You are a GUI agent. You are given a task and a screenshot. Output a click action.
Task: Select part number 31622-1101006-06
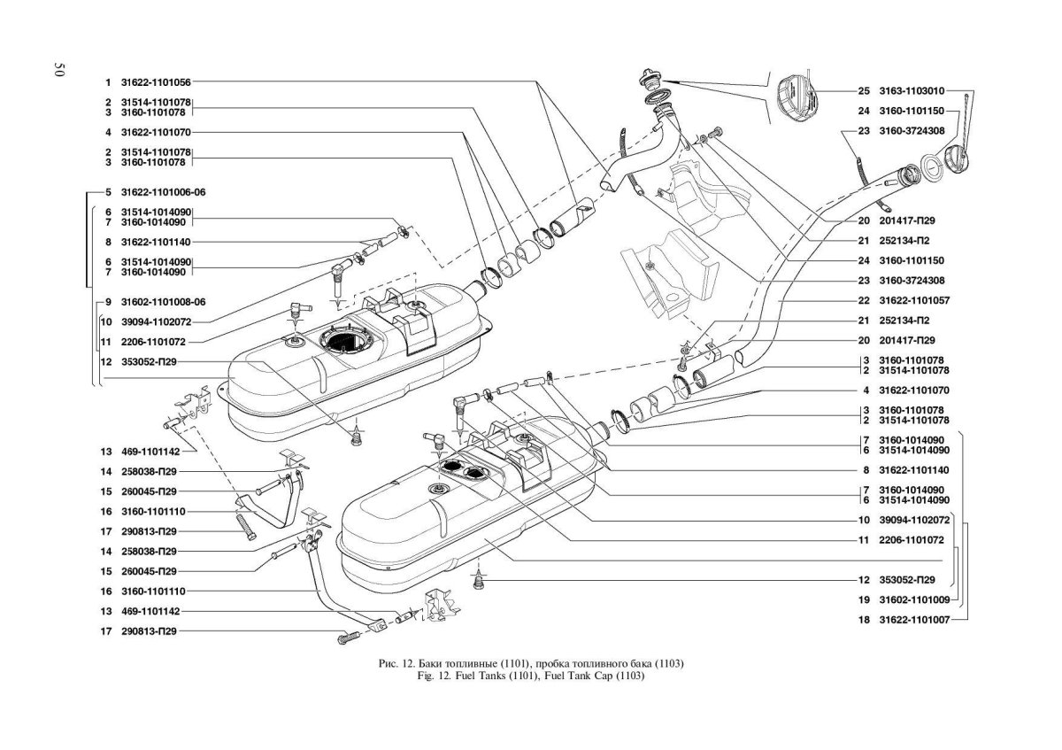tap(163, 191)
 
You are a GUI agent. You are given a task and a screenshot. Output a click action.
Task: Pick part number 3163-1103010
tap(913, 90)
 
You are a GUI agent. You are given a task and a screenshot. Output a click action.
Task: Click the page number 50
tap(59, 70)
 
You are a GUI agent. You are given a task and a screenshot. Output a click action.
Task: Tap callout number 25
tap(864, 90)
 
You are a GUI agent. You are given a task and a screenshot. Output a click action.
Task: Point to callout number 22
tap(864, 300)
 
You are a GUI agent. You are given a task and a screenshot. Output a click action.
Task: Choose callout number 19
tap(864, 599)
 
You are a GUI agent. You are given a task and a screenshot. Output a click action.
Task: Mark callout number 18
tap(864, 620)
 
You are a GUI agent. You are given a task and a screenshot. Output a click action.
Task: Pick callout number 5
tap(106, 191)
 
